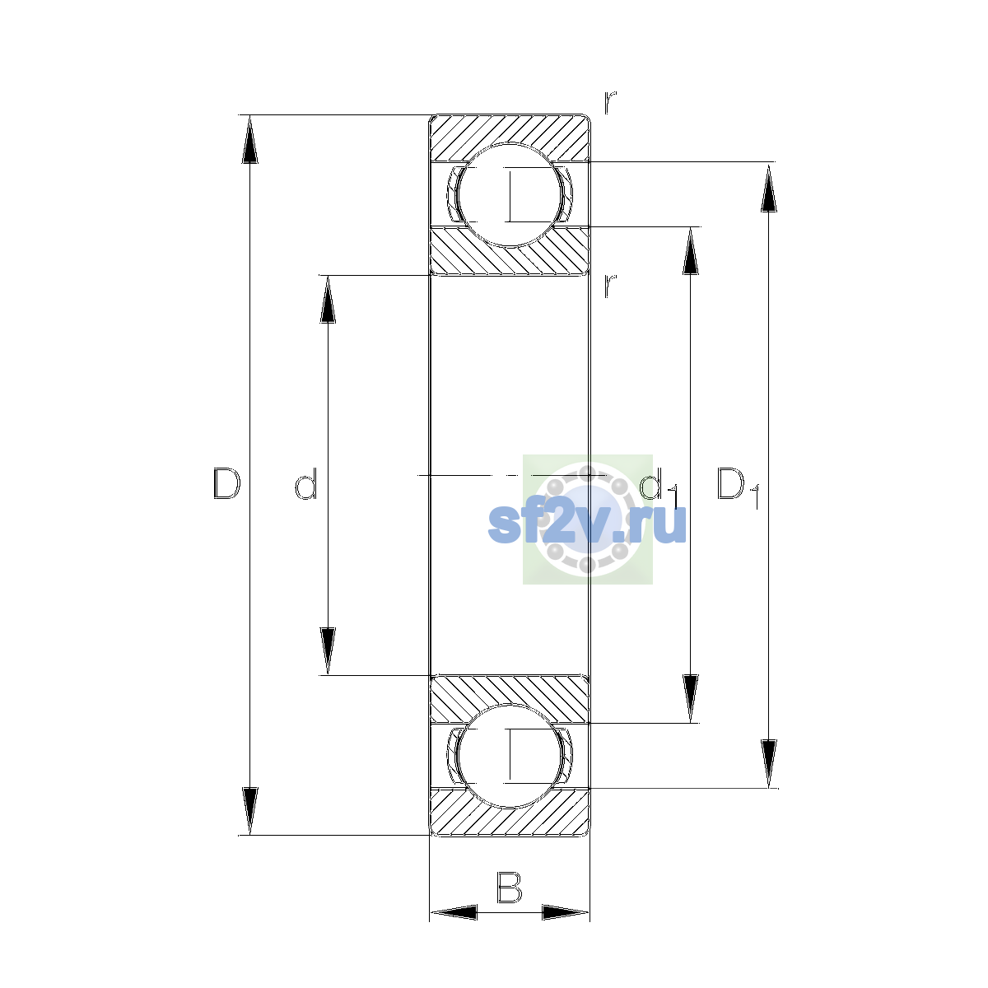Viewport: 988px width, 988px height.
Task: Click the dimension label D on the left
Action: pyautogui.click(x=226, y=483)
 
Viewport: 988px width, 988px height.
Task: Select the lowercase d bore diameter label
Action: pyautogui.click(x=306, y=483)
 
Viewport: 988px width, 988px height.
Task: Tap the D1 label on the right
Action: pyautogui.click(x=737, y=487)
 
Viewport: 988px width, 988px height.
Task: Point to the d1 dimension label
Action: pyautogui.click(x=659, y=487)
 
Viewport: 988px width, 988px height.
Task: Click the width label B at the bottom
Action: pyautogui.click(x=509, y=887)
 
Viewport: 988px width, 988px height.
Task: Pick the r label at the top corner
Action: pyautogui.click(x=609, y=103)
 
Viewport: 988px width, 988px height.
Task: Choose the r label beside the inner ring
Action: pyautogui.click(x=609, y=286)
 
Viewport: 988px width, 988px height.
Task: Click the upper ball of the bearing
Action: pyautogui.click(x=509, y=195)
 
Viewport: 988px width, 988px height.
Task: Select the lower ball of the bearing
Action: pyautogui.click(x=509, y=756)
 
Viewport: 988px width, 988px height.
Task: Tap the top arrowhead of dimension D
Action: pyautogui.click(x=249, y=139)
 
